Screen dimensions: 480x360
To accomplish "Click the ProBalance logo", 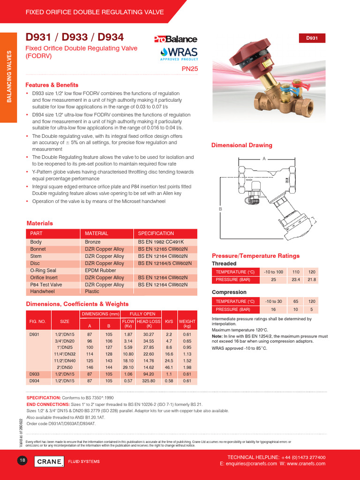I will (175, 39).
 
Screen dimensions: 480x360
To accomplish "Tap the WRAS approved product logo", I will (179, 53).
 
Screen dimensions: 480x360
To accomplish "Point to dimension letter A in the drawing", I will (264, 159).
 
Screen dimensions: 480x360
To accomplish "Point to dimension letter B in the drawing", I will (220, 209).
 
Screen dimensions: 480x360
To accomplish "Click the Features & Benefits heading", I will (52, 85).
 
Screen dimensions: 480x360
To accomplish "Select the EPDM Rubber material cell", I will (100, 270).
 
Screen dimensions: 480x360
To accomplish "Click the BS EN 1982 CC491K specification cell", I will (160, 242).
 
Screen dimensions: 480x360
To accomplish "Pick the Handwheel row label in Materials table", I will (42, 292).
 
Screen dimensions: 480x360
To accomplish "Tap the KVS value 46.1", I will (169, 367).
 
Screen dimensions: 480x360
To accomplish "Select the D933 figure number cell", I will (35, 374).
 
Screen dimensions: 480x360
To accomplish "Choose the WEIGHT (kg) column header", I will (187, 323).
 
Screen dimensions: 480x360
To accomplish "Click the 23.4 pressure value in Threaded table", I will (296, 279).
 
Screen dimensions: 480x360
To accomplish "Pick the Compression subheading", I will (229, 292).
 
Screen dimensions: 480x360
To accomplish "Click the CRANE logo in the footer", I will (50, 462).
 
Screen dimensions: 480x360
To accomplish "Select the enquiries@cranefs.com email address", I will (259, 464).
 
